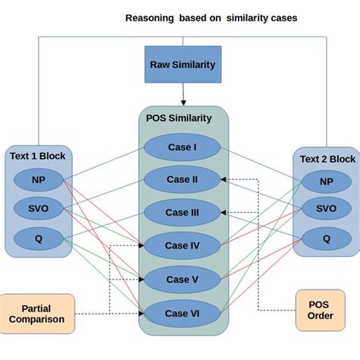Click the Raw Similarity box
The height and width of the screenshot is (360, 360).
pos(182,65)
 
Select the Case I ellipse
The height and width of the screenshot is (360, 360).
pos(182,147)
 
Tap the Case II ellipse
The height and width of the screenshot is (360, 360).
pos(182,180)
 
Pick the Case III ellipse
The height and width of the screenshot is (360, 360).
pos(182,213)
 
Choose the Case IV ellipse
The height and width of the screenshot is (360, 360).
pos(182,245)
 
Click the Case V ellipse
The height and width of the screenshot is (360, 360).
pos(182,279)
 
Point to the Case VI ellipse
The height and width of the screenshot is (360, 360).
pos(182,313)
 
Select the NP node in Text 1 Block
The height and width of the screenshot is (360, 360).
pos(37,181)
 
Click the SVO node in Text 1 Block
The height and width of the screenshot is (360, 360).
pos(37,209)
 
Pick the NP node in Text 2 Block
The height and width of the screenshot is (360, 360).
pos(327,182)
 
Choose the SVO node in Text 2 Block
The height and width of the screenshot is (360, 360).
pos(327,209)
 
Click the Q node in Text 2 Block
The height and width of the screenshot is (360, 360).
pos(327,238)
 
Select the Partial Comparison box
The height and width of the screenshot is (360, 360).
pos(36,314)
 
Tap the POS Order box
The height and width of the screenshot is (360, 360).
pos(321,310)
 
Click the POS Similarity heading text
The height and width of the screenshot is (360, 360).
pos(179,118)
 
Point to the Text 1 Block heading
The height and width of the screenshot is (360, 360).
pos(38,156)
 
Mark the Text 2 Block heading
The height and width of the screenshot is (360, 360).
pos(327,159)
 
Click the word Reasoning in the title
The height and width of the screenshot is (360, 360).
pos(150,17)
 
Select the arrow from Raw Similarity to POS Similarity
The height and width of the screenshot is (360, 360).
pos(182,94)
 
